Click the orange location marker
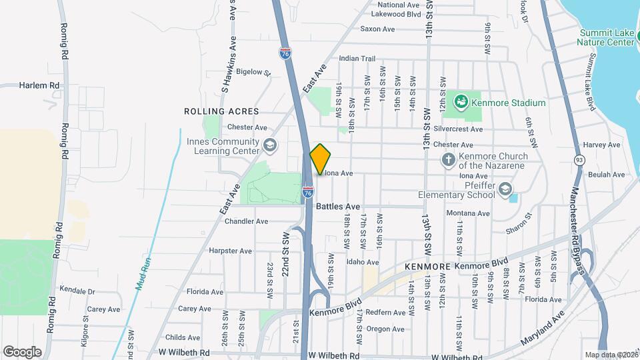coord(321,159)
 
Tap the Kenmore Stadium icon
coord(460,103)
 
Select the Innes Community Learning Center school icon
coord(270,145)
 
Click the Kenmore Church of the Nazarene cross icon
coord(449,159)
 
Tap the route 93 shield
coord(579,160)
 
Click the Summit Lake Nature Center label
coord(606,37)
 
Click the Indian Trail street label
coord(358,59)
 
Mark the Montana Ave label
coord(468,213)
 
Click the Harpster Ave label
coord(230,251)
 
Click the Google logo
coord(22,351)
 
